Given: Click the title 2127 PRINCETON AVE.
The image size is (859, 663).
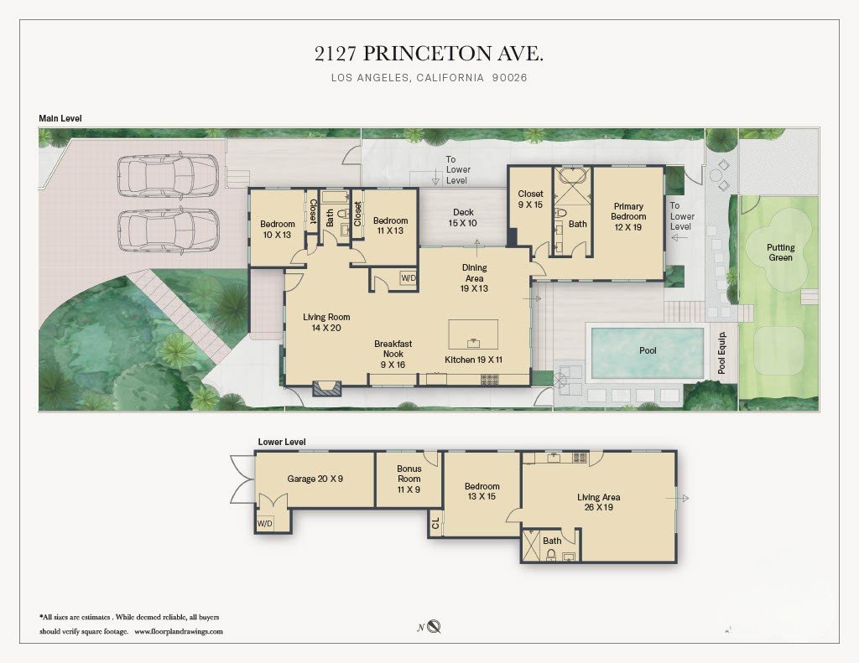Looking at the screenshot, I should pos(429,54).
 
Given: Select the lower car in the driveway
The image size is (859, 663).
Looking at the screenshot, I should pos(167,230).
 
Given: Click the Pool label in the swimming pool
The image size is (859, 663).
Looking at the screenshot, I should pos(648,350).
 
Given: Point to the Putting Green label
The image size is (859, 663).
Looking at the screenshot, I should pos(779,252).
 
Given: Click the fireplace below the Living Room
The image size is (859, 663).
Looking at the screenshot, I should pos(326,387).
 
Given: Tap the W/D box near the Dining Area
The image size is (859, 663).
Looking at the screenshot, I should pos(409,278).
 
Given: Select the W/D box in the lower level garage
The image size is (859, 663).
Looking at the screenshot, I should pos(265,523).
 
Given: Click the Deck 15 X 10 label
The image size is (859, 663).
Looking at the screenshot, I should pos(463,218).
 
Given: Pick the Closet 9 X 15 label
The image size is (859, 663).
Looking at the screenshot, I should pos(530,199).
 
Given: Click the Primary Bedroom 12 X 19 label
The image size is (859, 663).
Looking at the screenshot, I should pos(628,216).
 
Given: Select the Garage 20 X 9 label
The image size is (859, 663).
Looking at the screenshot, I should pos(315,479).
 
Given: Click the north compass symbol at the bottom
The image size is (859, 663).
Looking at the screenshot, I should pos(434,627).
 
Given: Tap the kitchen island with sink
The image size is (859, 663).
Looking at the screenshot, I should pos(473,334).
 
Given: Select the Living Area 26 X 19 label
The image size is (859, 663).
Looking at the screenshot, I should pos(598,502).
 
